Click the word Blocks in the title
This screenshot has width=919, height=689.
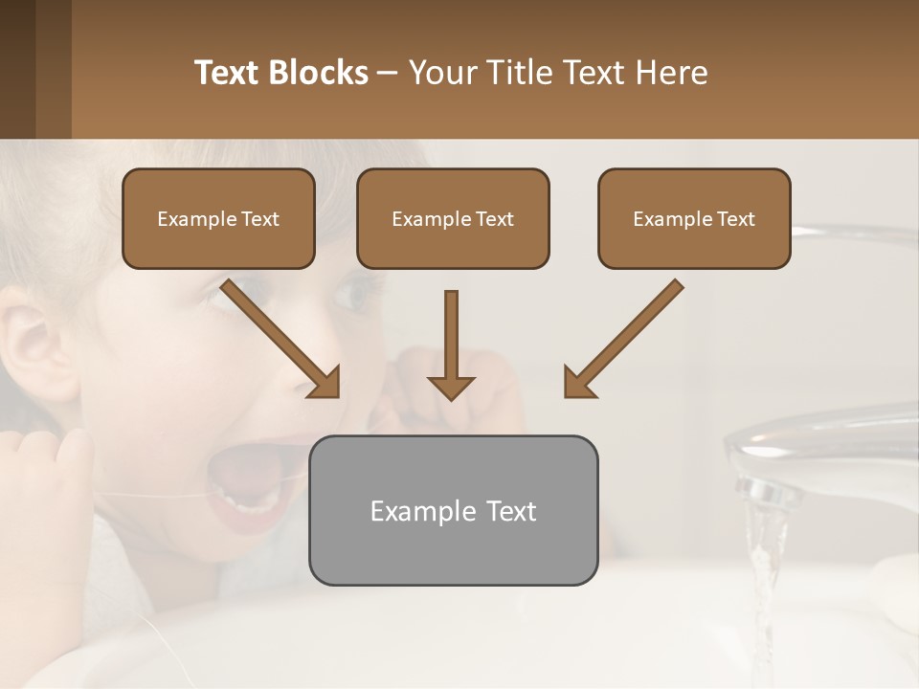[x=319, y=73]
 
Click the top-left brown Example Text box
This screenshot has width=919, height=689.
[x=218, y=218]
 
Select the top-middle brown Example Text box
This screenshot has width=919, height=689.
[x=453, y=218]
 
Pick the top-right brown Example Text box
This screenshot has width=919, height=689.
[x=694, y=218]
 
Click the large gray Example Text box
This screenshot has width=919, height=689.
[x=453, y=510]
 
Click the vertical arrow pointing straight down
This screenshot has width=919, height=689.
[x=451, y=344]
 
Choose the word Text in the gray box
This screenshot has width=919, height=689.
[x=507, y=511]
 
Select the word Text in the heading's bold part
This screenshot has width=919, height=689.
[x=227, y=73]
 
